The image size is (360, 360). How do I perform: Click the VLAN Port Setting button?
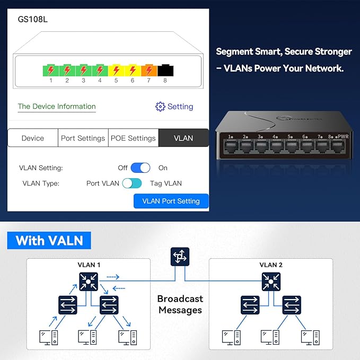(x=171, y=201)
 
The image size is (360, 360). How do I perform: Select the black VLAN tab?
(x=183, y=138)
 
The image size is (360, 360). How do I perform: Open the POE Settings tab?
(x=133, y=138)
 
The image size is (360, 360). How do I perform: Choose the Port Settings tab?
(x=83, y=138)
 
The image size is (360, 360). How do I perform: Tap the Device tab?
(x=33, y=138)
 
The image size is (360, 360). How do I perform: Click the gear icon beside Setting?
(x=160, y=107)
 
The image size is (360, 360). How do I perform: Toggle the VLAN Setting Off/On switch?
(x=141, y=168)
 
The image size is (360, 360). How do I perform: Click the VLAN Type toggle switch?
(x=132, y=183)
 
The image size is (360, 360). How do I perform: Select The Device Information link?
(x=57, y=107)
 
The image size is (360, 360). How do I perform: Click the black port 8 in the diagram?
(x=165, y=70)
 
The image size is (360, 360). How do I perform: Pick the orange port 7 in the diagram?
(x=149, y=70)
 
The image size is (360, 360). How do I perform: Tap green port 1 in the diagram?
(x=51, y=70)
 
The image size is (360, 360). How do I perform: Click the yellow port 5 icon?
(x=116, y=70)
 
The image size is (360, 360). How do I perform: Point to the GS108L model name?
(x=33, y=20)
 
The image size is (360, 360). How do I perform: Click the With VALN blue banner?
(x=49, y=240)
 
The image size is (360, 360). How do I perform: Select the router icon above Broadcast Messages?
(x=180, y=257)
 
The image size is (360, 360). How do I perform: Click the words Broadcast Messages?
(x=180, y=304)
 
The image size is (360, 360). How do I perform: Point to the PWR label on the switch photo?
(x=344, y=136)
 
